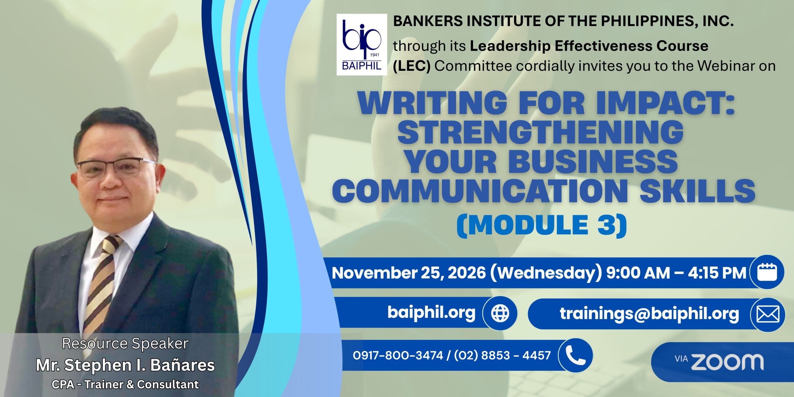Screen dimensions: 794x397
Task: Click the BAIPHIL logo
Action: (362, 45)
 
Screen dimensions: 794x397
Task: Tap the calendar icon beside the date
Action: (767, 272)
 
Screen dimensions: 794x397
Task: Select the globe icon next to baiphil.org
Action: (500, 313)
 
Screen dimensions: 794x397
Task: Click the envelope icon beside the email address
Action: (768, 314)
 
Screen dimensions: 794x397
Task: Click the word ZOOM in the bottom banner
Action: (727, 362)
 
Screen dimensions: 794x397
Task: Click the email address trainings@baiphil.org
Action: (649, 314)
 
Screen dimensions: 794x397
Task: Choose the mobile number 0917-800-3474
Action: (398, 355)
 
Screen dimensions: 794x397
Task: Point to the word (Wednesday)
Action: (546, 273)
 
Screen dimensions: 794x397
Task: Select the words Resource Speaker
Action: (125, 344)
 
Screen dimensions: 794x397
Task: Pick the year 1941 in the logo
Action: (375, 55)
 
